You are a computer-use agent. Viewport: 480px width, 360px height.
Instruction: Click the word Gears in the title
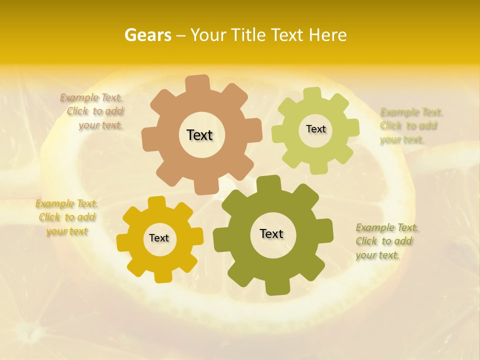tap(147, 35)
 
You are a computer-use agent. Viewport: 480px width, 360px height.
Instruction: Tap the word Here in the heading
tap(327, 35)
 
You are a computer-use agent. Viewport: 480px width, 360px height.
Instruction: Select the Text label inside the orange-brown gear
tap(200, 135)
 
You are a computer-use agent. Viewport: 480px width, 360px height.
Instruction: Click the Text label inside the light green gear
tap(315, 129)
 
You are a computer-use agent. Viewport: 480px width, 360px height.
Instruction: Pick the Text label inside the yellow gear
tap(159, 238)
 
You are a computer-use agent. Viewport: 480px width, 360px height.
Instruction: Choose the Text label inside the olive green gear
tap(271, 233)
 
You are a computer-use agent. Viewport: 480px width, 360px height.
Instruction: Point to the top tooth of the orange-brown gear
tap(197, 83)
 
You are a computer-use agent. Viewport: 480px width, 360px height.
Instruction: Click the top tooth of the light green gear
tap(312, 94)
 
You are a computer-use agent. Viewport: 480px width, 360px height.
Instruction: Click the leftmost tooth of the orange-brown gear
tap(148, 137)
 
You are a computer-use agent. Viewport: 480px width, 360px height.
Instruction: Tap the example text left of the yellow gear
tap(67, 217)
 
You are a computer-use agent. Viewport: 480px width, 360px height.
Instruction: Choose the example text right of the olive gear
tap(386, 241)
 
